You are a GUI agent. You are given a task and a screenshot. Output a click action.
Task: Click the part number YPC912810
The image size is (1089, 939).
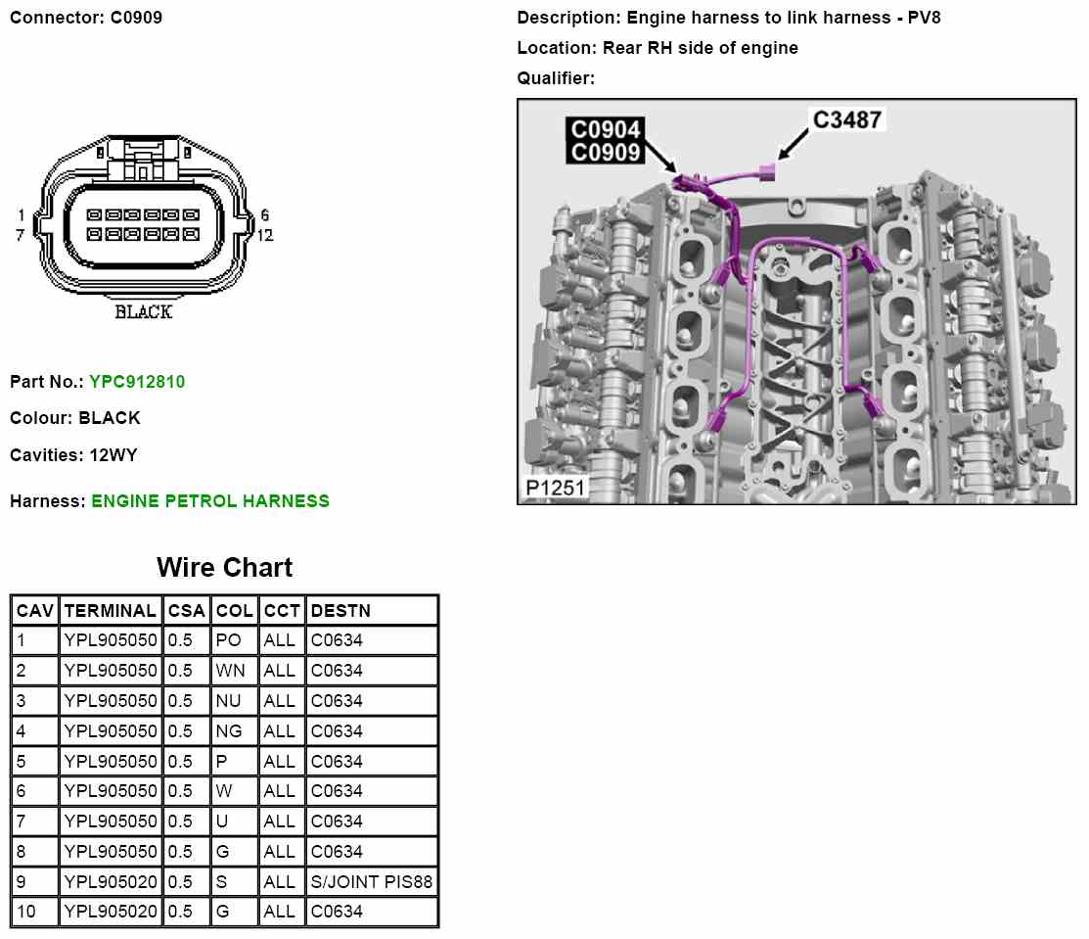(x=136, y=382)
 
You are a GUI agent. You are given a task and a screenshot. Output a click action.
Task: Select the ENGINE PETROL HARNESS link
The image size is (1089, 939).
(x=209, y=501)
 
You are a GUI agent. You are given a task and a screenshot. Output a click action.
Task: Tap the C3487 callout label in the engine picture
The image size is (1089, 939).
(x=847, y=120)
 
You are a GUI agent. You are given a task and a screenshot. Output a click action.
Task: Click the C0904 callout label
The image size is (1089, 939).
(x=607, y=129)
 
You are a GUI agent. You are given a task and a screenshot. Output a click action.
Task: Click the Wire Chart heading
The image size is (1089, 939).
(x=224, y=568)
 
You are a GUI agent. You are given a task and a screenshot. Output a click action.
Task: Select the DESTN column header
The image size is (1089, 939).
(x=340, y=611)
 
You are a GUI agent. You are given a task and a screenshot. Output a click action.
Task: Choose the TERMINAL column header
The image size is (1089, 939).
(x=110, y=611)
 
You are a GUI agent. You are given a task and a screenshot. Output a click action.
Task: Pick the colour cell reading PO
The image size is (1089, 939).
(x=228, y=641)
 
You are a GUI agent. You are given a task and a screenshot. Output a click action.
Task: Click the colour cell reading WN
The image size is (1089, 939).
(x=230, y=671)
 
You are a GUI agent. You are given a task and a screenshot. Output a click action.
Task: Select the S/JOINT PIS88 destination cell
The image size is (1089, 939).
(x=371, y=882)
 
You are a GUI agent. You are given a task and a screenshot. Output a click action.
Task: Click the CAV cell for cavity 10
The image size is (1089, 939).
(x=26, y=912)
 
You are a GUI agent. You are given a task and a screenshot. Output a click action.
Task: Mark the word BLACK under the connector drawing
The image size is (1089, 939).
(x=143, y=312)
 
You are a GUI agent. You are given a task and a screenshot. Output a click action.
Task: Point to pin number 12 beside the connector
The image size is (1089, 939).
(x=264, y=235)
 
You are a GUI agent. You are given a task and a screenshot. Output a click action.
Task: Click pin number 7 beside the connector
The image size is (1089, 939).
(x=20, y=235)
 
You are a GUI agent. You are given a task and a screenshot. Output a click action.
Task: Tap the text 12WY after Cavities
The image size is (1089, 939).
(x=115, y=455)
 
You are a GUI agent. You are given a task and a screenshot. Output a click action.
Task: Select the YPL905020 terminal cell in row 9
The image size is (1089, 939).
(x=110, y=882)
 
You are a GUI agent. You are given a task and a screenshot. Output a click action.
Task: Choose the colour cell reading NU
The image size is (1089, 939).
(x=229, y=701)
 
